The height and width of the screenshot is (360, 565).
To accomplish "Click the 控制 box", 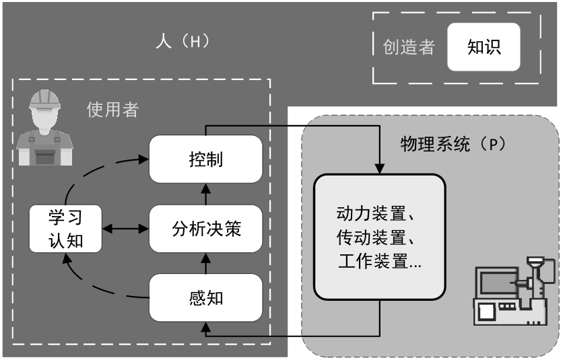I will (x=205, y=159).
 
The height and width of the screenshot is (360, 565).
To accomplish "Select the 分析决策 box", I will (x=205, y=229).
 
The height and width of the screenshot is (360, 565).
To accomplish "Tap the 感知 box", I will (x=205, y=297).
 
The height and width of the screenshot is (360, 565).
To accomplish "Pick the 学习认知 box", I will (x=65, y=229).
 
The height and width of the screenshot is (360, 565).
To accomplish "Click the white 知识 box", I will (x=484, y=48).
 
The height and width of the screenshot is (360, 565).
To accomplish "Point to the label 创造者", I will (x=409, y=48).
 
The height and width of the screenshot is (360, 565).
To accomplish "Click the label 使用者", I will (x=112, y=110).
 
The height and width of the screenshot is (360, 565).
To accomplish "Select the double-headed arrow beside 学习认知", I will (x=125, y=229).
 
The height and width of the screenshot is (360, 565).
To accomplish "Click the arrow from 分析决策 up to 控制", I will (x=205, y=194).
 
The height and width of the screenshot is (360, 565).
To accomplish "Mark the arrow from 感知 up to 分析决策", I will (x=205, y=264).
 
